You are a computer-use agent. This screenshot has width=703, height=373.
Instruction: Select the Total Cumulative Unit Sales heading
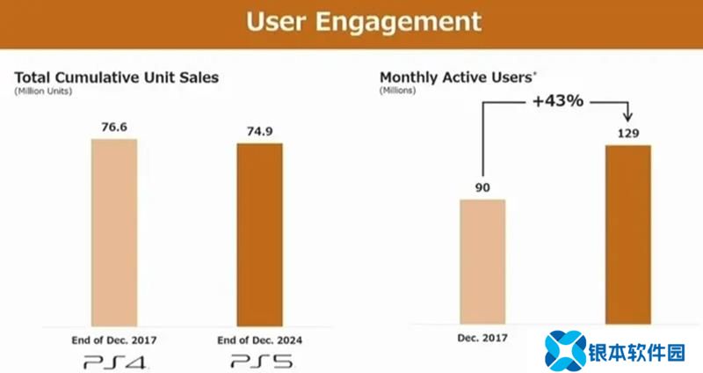pos(116,77)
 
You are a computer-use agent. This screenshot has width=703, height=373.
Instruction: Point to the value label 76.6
pos(114,128)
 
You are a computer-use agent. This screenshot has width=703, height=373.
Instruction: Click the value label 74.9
pos(259,132)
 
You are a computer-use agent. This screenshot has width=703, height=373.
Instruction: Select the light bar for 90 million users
pos(482,261)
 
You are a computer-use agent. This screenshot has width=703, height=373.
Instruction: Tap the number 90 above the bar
pos(482,188)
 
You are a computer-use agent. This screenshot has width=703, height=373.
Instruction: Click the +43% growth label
pos(557,101)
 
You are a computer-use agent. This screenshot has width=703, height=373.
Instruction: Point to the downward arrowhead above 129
pos(627,119)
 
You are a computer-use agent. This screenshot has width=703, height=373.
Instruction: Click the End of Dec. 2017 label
pos(114,340)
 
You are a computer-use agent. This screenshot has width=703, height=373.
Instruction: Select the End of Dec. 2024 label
pos(259,340)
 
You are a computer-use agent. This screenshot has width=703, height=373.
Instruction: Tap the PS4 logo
pos(114,360)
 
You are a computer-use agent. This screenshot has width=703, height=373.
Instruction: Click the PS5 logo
pos(259,360)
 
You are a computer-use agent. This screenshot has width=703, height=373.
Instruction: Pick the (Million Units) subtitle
pos(41,91)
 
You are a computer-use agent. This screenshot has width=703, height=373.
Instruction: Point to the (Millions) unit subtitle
pos(397,91)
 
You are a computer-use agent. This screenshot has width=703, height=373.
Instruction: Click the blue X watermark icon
pos(564,349)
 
